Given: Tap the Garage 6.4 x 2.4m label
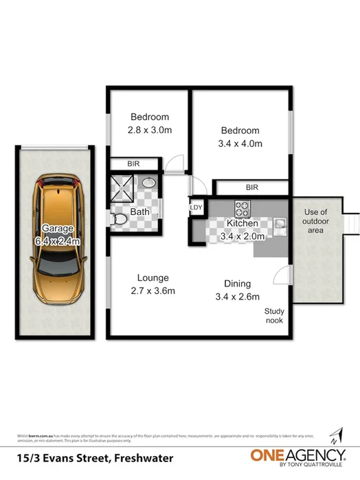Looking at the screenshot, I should click(x=61, y=235).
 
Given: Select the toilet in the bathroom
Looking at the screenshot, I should click(x=117, y=218).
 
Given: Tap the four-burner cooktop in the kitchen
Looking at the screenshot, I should click(x=243, y=207).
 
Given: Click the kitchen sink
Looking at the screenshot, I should click(x=280, y=223).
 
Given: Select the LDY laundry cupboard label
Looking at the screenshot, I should click(x=195, y=207).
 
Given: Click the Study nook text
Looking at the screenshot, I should click(x=274, y=316).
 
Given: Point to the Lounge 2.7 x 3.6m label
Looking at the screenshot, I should click(x=153, y=284).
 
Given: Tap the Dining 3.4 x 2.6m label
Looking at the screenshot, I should click(x=237, y=290).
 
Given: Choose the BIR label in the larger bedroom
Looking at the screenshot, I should click(x=251, y=187).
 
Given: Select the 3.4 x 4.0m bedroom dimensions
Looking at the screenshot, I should click(x=240, y=144).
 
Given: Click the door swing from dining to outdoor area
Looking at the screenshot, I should click(x=283, y=276).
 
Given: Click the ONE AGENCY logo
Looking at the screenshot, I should click(x=297, y=455).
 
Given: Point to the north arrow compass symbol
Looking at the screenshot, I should click(x=337, y=434).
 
